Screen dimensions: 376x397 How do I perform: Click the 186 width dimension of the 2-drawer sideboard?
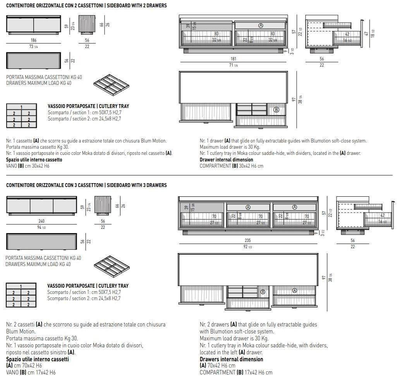coord(34,40)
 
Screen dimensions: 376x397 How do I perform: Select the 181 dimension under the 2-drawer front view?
coord(233,59)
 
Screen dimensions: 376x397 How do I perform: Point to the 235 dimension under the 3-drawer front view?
coord(248,240)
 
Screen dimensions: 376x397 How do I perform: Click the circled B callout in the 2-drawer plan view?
coord(276,110)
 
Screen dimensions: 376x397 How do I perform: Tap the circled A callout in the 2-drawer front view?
coord(261,26)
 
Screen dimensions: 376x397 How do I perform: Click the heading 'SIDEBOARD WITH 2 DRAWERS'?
coord(133,6)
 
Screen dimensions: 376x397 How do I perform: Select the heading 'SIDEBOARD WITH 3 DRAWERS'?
coord(133,185)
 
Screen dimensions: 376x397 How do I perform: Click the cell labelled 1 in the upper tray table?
coord(22,107)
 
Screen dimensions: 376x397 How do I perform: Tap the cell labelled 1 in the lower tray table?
coord(21,287)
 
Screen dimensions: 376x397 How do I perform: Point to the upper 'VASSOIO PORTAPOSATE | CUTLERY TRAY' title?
coord(88,106)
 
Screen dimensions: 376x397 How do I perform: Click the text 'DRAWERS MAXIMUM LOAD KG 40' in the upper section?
coord(39,83)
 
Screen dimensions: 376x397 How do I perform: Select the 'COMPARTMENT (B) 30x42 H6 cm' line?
coord(231,166)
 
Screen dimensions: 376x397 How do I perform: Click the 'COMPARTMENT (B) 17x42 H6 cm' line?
coord(236,372)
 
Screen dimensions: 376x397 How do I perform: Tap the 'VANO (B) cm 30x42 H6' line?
coord(28,166)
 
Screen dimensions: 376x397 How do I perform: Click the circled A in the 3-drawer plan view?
coord(294,290)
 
